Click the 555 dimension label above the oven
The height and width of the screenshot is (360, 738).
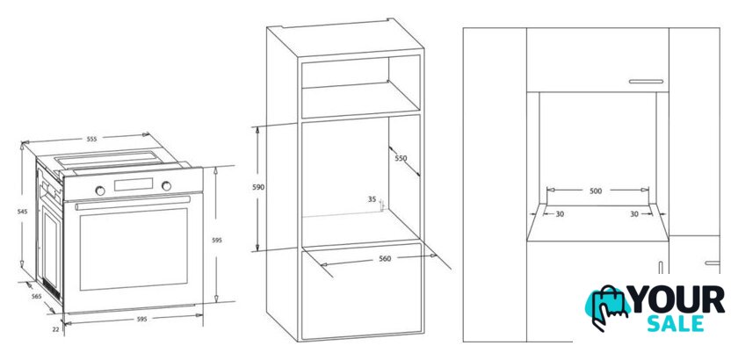coord(91,139)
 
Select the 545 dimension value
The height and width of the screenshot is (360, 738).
coord(22,212)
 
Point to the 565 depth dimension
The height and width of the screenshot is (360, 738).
coord(36,296)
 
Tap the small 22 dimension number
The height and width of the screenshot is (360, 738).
coord(55,329)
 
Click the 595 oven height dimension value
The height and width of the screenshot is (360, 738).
coord(216,240)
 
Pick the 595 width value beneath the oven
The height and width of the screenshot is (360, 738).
coord(141,319)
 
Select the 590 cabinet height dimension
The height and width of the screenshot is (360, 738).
coord(258,187)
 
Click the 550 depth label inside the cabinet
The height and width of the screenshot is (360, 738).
coord(401,158)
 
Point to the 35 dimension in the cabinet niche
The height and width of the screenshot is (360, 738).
coord(372,199)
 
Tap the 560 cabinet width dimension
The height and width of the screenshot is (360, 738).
coord(385,258)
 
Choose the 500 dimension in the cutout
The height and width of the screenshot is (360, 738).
coord(596,191)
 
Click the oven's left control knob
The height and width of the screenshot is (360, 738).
coord(100,191)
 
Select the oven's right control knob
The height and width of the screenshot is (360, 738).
coord(167,186)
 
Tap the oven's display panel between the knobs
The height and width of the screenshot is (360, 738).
coord(134,184)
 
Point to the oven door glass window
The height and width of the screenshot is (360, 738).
coord(134,249)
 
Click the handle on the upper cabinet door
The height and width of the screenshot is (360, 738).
coord(646,82)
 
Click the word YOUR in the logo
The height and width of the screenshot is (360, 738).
coord(676,299)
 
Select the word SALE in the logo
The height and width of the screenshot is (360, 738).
coord(676,324)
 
